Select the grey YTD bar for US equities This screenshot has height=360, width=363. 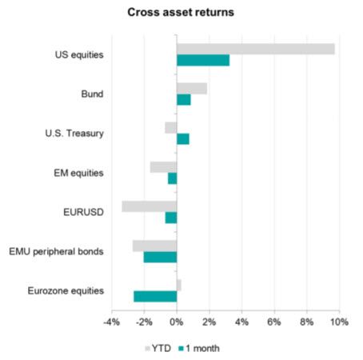pyautogui.click(x=255, y=50)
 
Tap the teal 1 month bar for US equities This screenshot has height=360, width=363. pyautogui.click(x=203, y=61)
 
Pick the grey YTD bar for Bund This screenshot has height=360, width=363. pyautogui.click(x=192, y=88)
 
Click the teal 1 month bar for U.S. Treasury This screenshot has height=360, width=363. pyautogui.click(x=183, y=139)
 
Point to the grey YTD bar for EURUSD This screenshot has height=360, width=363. pyautogui.click(x=150, y=206)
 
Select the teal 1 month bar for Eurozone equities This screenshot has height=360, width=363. pyautogui.click(x=155, y=297)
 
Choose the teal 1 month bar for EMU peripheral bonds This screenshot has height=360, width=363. pyautogui.click(x=160, y=257)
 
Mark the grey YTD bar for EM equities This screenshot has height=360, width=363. pyautogui.click(x=163, y=167)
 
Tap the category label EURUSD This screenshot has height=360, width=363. pyautogui.click(x=83, y=212)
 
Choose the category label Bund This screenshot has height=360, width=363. pyautogui.click(x=93, y=94)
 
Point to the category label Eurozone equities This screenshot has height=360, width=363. pyautogui.click(x=67, y=290)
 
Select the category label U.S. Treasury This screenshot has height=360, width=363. pyautogui.click(x=76, y=134)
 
